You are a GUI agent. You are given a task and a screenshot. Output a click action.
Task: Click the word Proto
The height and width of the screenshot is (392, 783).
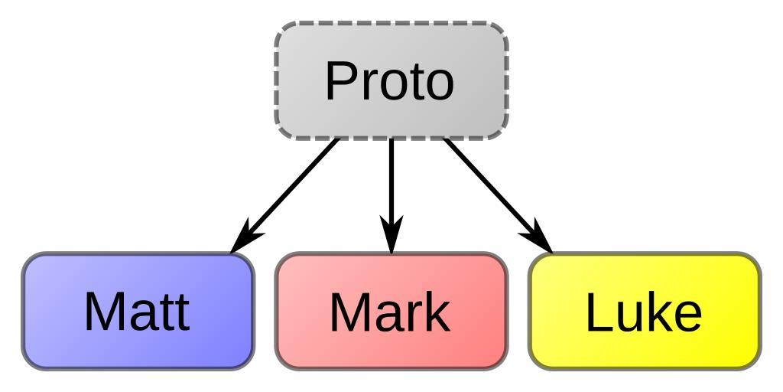389,81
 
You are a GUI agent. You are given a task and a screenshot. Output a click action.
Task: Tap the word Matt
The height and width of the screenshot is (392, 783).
137,312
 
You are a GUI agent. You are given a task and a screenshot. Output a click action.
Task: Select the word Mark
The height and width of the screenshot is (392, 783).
389,312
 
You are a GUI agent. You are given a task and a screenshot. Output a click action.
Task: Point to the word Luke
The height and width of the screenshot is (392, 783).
643,312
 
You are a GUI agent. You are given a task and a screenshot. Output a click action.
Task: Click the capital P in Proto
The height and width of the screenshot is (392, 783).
340,81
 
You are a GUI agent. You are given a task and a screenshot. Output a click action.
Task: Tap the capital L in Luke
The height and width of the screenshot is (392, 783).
597,312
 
